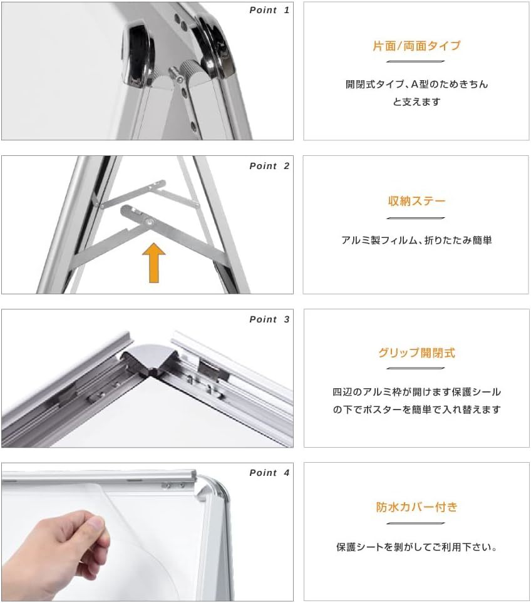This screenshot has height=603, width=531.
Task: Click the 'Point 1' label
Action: click(269, 11)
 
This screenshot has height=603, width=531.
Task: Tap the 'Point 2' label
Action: click(269, 166)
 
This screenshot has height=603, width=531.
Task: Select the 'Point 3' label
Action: click(269, 319)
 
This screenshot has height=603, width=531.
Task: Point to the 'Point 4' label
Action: click(269, 473)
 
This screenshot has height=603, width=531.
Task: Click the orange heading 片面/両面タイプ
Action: click(416, 46)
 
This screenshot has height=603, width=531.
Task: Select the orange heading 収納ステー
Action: click(416, 201)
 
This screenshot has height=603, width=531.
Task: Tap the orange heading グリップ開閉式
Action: click(416, 353)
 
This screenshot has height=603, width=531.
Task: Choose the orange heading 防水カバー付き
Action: click(416, 507)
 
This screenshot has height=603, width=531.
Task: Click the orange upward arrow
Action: click(154, 262)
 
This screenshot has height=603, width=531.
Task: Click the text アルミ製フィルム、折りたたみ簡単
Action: click(416, 240)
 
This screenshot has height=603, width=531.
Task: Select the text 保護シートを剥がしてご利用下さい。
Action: click(416, 547)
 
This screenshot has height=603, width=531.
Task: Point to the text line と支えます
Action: click(416, 102)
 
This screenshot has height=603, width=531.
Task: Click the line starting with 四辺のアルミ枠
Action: click(416, 392)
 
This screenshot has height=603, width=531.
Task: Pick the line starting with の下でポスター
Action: click(416, 410)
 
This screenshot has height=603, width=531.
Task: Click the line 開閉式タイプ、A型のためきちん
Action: click(416, 85)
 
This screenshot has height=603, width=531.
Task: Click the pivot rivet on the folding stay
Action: click(148, 222)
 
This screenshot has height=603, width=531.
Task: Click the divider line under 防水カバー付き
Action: click(416, 523)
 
